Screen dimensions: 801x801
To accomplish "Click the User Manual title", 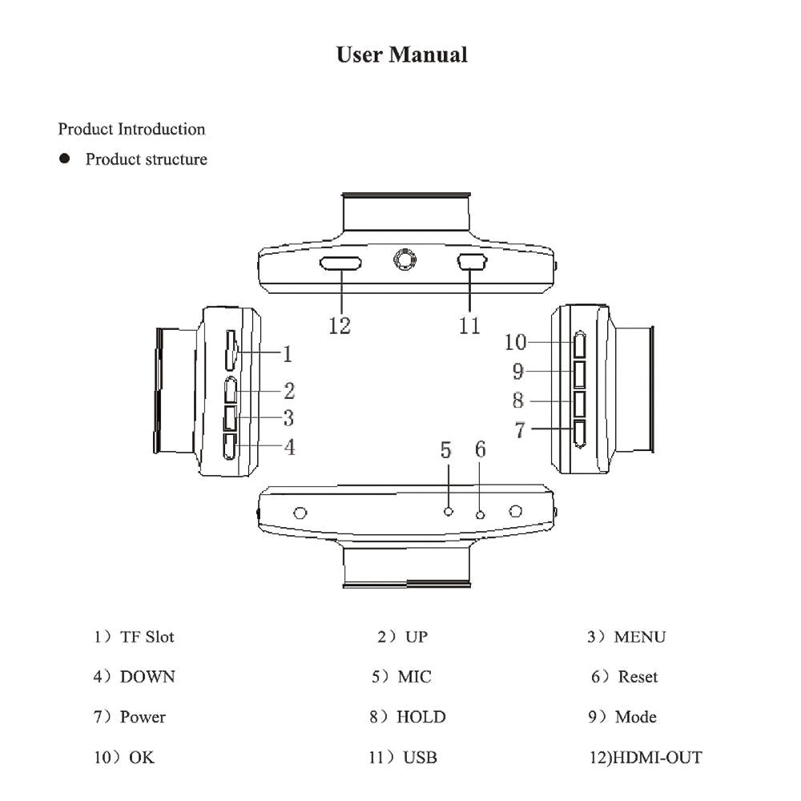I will [x=401, y=55].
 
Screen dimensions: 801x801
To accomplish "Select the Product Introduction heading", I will [x=131, y=129].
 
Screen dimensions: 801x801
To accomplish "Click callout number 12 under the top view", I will [x=340, y=326].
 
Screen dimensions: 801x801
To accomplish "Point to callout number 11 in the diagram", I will [x=469, y=326].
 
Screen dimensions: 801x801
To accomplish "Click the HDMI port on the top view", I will [x=340, y=263].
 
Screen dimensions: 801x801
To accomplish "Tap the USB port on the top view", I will [x=472, y=262].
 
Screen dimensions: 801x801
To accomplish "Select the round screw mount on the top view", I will [x=405, y=260].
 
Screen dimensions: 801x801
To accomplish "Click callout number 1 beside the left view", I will [x=287, y=353].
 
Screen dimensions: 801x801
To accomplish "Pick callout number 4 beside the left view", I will [x=290, y=447].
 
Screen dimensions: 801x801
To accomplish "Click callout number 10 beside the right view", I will [x=516, y=342].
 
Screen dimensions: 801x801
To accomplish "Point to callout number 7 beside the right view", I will [x=520, y=430].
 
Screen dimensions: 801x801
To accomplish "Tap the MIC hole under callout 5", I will [x=449, y=511].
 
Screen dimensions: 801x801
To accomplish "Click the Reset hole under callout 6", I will [x=480, y=513].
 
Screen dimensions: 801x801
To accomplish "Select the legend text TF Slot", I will [x=147, y=638].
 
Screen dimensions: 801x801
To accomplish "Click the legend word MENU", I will [x=639, y=638].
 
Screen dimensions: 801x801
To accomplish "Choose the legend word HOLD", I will [x=421, y=717].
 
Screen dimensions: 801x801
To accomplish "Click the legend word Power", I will [x=143, y=717].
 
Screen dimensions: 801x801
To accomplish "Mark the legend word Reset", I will [x=638, y=677].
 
